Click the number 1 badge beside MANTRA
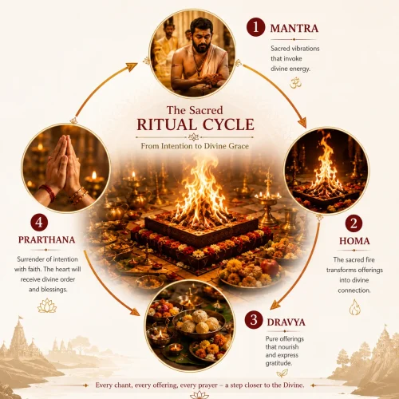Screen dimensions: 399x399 pos(255,27)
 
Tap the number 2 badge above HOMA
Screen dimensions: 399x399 pos(354,223)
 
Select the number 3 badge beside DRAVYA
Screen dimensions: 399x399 pos(254,320)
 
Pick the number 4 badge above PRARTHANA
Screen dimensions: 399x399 pos(39,223)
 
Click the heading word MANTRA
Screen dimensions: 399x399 pos(294,28)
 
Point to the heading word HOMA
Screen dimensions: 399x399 pos(354,241)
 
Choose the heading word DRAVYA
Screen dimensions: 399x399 pos(286,322)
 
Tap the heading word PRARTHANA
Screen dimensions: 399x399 pos(46,239)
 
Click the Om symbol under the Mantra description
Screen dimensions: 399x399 pos(295,83)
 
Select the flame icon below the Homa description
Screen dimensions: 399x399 pos(354,307)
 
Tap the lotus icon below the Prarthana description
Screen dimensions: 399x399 pos(47,306)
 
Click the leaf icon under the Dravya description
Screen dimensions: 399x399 pos(282,373)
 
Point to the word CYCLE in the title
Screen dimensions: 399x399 pos(228,124)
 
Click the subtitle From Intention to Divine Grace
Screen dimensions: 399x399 pos(195,146)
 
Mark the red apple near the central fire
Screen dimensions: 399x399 pos(270,267)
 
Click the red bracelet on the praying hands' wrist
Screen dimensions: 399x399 pos(49,192)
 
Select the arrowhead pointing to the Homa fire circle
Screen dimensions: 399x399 pos(302,123)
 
